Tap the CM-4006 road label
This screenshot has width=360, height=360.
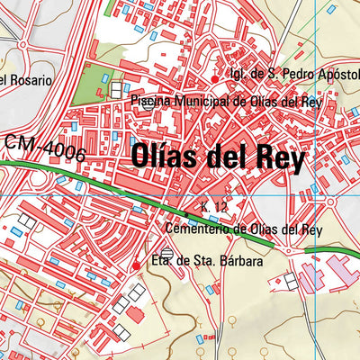click(45, 148)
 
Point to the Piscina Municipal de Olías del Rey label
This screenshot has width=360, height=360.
click(226, 101)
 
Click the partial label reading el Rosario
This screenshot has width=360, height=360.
click(26, 80)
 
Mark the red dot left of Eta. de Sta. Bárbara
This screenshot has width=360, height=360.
click(136, 265)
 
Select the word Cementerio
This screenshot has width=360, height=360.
click(209, 229)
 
